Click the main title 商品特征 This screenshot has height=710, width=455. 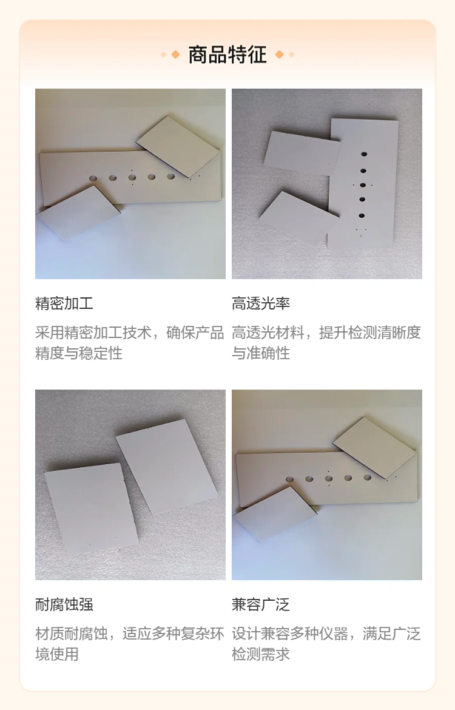pyautogui.click(x=227, y=55)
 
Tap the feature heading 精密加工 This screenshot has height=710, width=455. pyautogui.click(x=64, y=303)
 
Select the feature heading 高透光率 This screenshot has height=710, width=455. pyautogui.click(x=261, y=303)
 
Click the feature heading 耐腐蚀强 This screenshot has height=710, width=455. pyautogui.click(x=64, y=604)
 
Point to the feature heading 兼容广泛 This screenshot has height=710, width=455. pyautogui.click(x=261, y=604)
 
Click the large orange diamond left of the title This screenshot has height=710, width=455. pyautogui.click(x=175, y=55)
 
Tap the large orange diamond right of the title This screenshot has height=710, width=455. pyautogui.click(x=279, y=55)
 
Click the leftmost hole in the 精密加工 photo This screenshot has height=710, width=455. pyautogui.click(x=93, y=178)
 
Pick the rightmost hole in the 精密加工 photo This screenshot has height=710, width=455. pyautogui.click(x=170, y=177)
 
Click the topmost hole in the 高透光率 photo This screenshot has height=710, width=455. pyautogui.click(x=363, y=154)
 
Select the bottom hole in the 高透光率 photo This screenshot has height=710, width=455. pyautogui.click(x=362, y=215)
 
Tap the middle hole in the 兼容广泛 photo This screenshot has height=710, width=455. pyautogui.click(x=329, y=478)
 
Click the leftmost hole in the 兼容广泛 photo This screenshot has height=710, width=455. pyautogui.click(x=290, y=479)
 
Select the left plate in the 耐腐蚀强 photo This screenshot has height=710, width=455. pyautogui.click(x=92, y=509)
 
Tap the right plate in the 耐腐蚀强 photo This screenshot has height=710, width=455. pyautogui.click(x=167, y=467)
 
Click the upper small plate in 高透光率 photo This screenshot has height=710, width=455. pyautogui.click(x=302, y=153)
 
